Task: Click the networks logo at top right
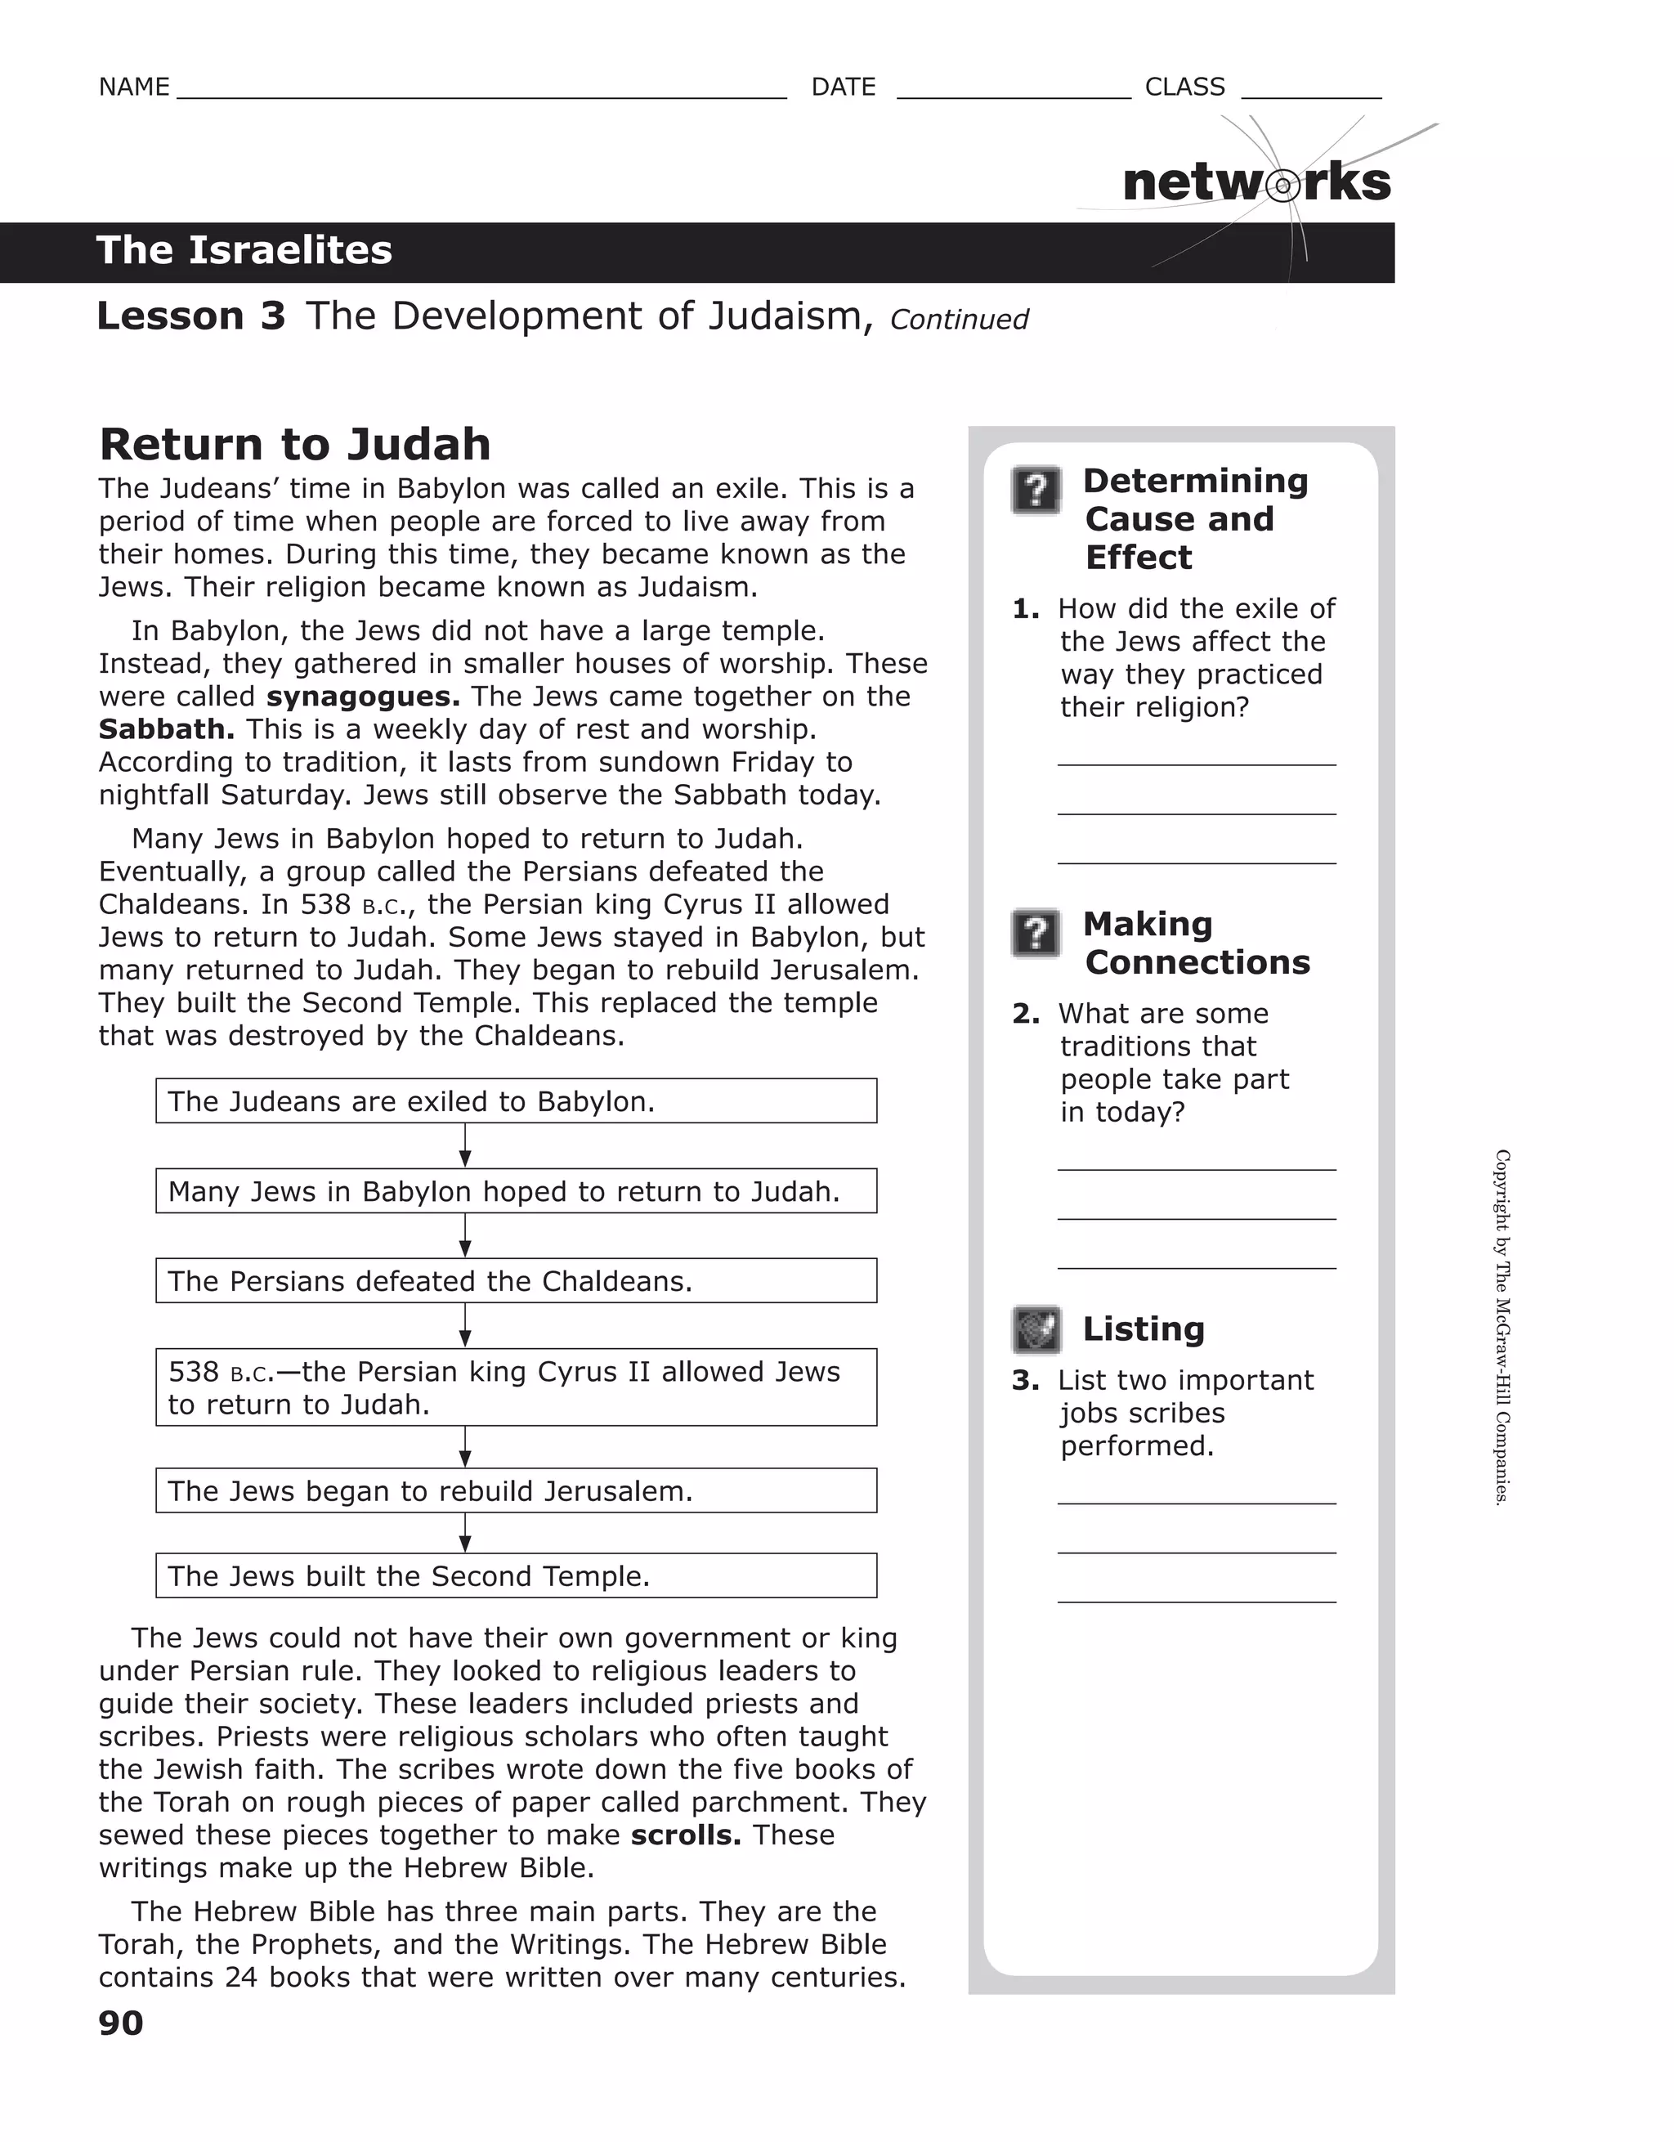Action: [1256, 183]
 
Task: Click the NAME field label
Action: [134, 87]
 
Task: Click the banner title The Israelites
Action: [244, 250]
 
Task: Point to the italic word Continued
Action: [958, 320]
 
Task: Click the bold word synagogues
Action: [363, 697]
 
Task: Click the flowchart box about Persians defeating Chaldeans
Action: [516, 1281]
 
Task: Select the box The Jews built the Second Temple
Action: [516, 1576]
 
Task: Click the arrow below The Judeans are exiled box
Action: [465, 1145]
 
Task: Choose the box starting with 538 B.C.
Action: [516, 1387]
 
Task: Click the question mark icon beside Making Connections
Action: [1036, 933]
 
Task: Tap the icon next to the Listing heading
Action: [1036, 1330]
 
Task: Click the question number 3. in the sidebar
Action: [1025, 1381]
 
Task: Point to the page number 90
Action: [121, 2023]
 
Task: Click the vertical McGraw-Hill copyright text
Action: [1502, 1327]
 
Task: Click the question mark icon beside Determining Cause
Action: [1036, 490]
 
